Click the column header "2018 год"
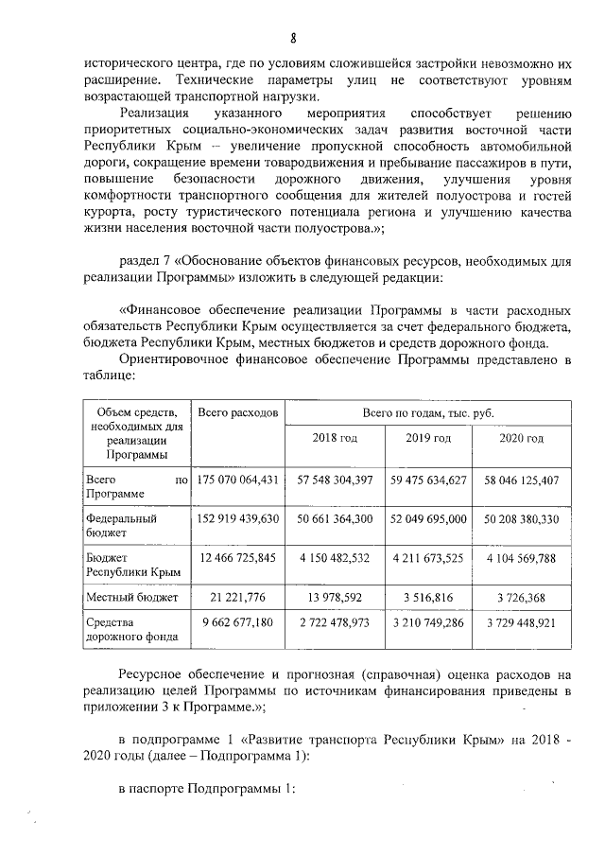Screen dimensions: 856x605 pos(335,438)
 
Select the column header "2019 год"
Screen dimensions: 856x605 pos(428,438)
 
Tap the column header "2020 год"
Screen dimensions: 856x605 pos(523,438)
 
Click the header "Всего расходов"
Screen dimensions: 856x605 pos(238,413)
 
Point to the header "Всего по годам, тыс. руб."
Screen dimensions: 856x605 pos(427,413)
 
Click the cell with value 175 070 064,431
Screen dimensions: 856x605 pos(238,480)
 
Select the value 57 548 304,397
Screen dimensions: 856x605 pos(335,480)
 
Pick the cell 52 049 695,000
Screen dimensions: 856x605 pos(428,519)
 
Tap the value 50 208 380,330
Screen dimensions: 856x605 pos(523,519)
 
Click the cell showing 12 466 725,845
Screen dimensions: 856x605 pos(238,559)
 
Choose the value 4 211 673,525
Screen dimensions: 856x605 pos(428,559)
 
